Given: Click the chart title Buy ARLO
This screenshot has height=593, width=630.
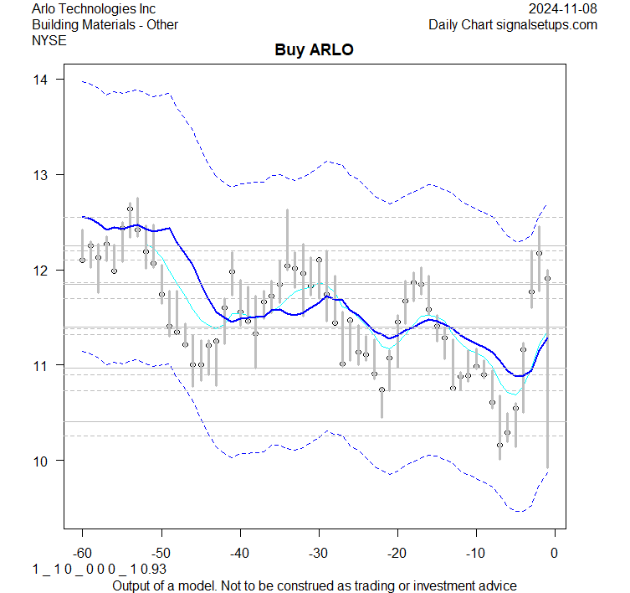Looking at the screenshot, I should point(314,49).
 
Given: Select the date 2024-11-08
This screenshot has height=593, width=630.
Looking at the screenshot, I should point(563,9).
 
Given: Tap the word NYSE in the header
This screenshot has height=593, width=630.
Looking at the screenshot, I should point(49,39).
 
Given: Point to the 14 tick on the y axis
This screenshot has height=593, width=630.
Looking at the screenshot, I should point(41,80).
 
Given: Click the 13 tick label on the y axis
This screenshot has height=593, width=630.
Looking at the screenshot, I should point(41,175).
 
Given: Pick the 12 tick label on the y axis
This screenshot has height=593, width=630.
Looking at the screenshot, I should point(41,270).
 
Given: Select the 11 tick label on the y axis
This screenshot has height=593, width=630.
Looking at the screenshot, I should point(41,365).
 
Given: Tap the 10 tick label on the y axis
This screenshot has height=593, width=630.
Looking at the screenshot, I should point(41,461).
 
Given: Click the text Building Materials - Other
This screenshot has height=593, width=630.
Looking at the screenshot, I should point(105,24).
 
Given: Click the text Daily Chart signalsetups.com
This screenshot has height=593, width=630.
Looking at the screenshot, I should point(513,24).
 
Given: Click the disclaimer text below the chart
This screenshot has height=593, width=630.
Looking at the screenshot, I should point(314,585).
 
